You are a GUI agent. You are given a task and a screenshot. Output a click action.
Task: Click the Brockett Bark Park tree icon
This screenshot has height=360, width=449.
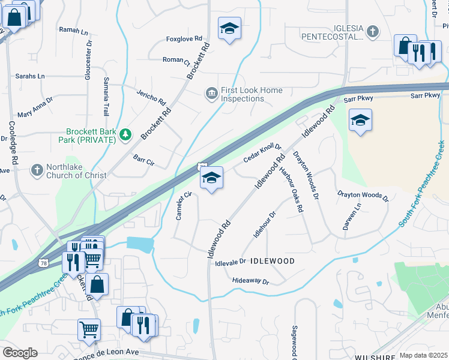point(125,134)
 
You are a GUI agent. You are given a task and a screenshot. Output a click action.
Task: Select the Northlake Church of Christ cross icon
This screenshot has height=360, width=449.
point(37,170)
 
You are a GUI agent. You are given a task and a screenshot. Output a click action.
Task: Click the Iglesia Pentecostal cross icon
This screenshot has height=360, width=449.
point(372,31)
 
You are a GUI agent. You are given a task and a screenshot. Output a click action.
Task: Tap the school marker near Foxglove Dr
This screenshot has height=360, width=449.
point(229,29)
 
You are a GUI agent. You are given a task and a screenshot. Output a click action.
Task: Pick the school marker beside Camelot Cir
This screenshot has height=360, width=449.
point(211,178)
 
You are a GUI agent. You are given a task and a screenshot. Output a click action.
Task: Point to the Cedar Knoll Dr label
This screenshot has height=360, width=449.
point(262,153)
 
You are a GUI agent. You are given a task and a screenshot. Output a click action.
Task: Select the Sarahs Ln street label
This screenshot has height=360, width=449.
point(30,76)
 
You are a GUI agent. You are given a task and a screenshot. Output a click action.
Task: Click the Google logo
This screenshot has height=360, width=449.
point(20,353)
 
